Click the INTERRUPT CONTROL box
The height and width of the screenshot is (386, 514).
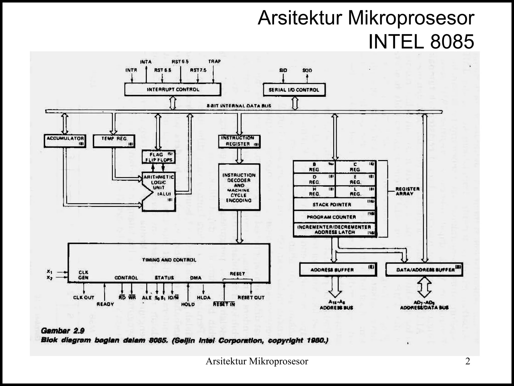coord(173,89)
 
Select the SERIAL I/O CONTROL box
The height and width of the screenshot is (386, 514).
coord(294,90)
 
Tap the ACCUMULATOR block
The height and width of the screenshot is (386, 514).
coord(65,141)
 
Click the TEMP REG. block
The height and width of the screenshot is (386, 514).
coord(114,141)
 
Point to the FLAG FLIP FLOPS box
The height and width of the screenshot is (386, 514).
coord(159,157)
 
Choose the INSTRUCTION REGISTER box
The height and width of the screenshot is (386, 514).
coord(239,141)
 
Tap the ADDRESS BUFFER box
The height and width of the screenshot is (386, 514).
coord(338,270)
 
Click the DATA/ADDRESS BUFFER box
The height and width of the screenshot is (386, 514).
coord(424,270)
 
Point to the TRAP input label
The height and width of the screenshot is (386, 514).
coord(214,61)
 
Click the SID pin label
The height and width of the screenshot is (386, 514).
coord(283,70)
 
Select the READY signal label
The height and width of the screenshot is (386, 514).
coord(105,304)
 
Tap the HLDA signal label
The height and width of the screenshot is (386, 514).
coord(204,298)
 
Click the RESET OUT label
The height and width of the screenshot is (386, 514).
coord(251,298)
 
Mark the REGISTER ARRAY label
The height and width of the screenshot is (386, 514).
coord(407,191)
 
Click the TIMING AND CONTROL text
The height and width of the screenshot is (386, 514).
coord(169,260)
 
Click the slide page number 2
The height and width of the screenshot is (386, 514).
coord(468,361)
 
